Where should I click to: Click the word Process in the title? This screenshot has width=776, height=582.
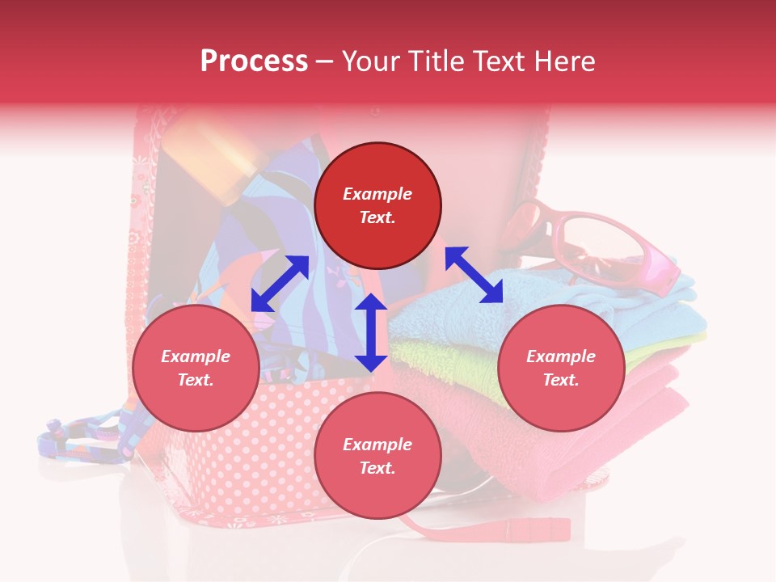254,61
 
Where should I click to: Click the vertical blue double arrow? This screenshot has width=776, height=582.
371,332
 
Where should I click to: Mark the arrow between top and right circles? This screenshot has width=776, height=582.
474,275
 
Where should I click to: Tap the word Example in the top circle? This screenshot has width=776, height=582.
377,194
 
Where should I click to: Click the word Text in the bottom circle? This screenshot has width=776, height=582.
377,468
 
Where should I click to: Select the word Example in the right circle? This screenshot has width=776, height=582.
561,356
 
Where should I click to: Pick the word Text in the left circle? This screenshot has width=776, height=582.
196,380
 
